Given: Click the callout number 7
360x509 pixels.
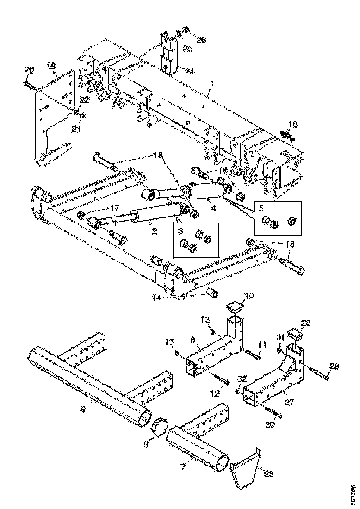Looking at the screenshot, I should tap(184, 468).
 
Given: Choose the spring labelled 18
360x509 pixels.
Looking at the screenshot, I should tap(287, 136).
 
